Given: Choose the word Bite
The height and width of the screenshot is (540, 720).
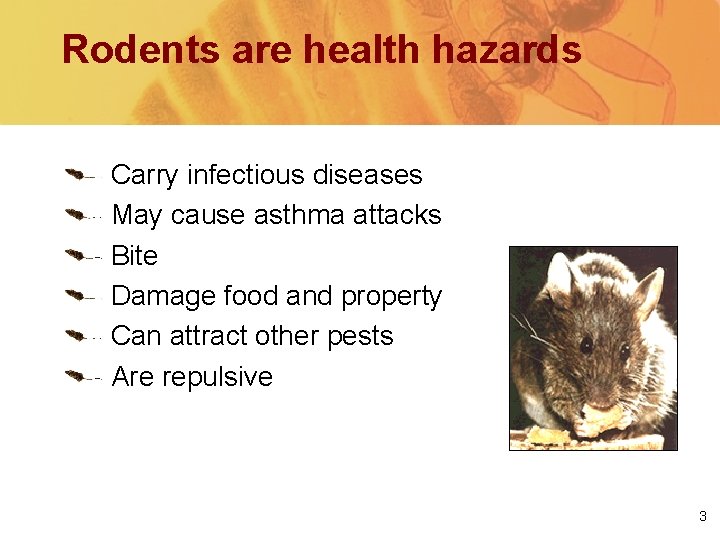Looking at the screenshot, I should pyautogui.click(x=134, y=256).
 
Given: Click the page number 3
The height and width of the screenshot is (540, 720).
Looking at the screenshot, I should pyautogui.click(x=702, y=517).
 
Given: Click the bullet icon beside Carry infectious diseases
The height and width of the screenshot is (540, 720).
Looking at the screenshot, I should pyautogui.click(x=75, y=175).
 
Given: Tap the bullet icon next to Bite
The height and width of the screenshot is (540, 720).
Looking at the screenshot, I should pyautogui.click(x=75, y=256).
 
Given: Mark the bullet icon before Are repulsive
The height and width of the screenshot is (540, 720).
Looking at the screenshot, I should pyautogui.click(x=75, y=378).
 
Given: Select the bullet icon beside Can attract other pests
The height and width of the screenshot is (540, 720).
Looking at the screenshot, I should pyautogui.click(x=75, y=337).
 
